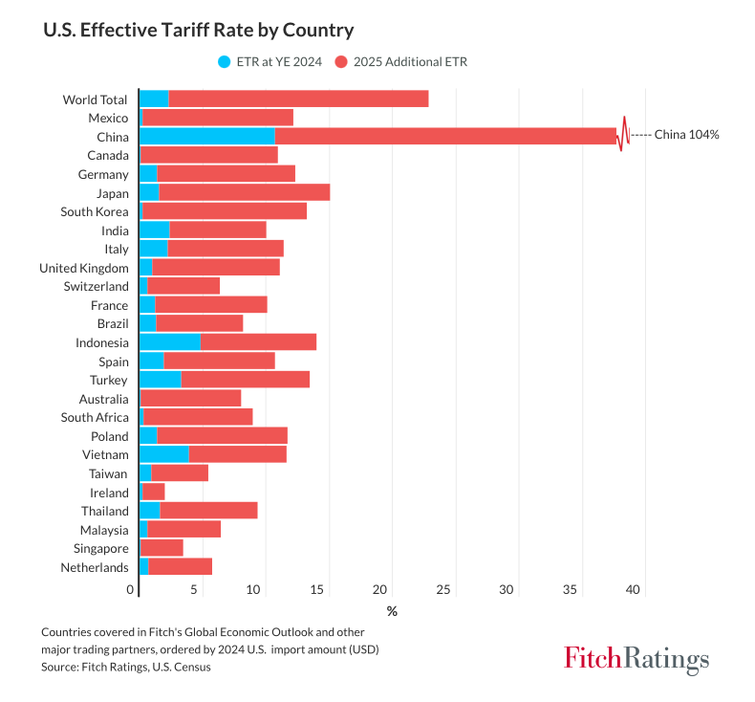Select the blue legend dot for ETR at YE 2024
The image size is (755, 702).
(x=225, y=62)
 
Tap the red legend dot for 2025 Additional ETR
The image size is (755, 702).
(x=341, y=62)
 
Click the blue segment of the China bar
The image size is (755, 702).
(x=207, y=136)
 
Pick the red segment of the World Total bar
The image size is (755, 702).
(x=298, y=99)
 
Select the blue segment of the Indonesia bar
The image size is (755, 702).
(x=170, y=342)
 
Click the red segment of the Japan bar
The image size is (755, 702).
(x=245, y=192)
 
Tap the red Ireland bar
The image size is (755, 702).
(x=154, y=493)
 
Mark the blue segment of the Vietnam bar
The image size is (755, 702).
(x=164, y=454)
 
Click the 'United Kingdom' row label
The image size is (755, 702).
(x=83, y=268)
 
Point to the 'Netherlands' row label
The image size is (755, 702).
(x=94, y=568)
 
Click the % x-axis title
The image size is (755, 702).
(x=392, y=611)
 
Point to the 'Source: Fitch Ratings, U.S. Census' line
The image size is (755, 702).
(x=126, y=668)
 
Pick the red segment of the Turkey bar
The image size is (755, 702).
(x=245, y=380)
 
